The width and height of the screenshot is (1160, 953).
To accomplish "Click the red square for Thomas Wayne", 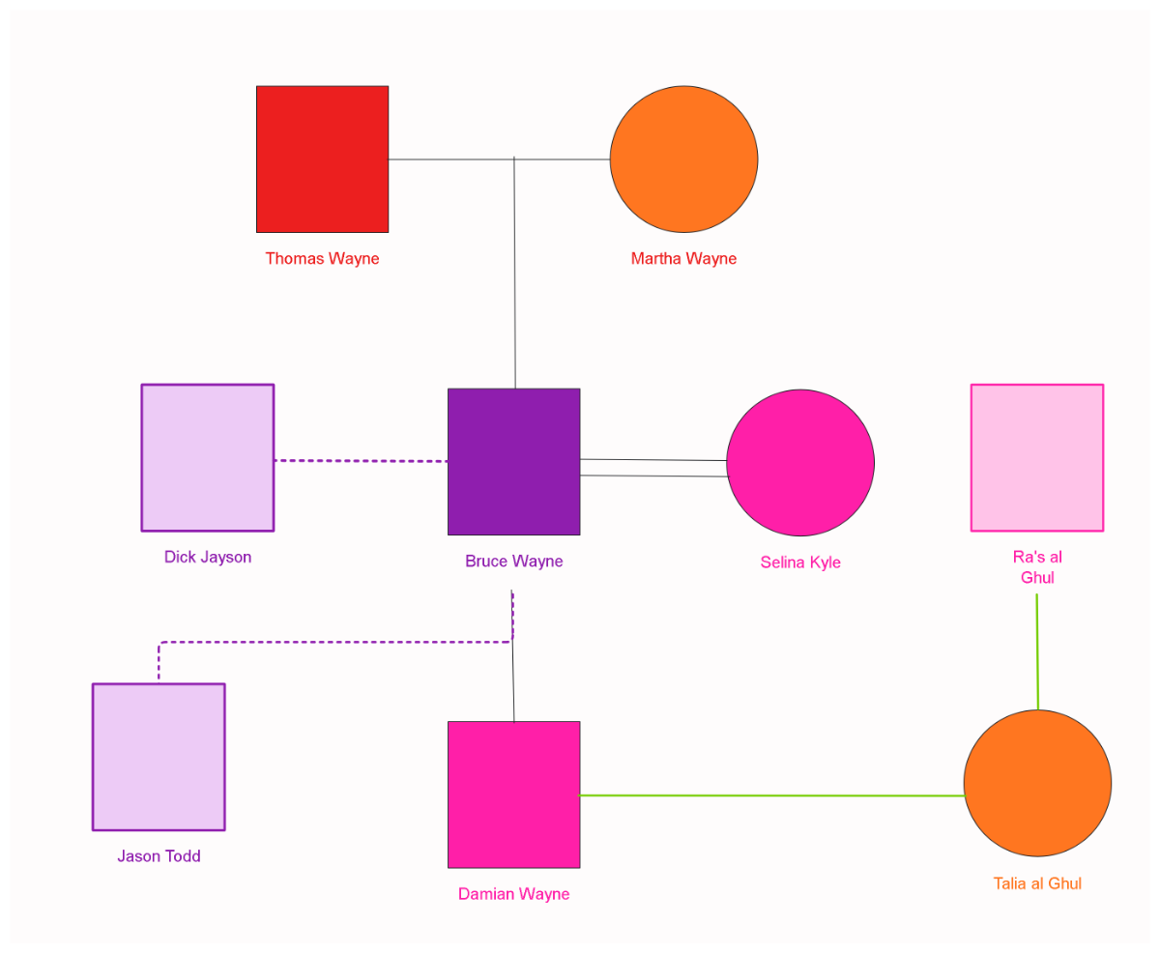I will coord(322,159).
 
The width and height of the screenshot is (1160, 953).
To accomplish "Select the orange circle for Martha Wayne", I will coord(683,159).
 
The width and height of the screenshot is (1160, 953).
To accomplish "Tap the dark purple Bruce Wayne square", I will coord(513,461).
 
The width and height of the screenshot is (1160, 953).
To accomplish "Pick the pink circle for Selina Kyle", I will coord(800,463).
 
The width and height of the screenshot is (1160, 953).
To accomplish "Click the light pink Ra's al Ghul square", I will coord(1036,457).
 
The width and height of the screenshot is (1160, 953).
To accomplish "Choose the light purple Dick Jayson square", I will coord(208,457).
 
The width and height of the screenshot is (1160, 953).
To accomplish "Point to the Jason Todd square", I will coord(159,757).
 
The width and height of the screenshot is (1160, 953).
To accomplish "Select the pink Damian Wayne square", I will coord(513,794).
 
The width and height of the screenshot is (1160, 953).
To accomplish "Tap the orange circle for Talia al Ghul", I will coord(1037,783).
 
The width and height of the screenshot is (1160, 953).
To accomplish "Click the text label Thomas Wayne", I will coord(322,259).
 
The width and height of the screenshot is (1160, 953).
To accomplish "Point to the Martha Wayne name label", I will coord(683,259).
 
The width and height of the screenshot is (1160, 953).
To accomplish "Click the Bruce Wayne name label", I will coord(513,562).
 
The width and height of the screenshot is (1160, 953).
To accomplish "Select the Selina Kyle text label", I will coord(800,563).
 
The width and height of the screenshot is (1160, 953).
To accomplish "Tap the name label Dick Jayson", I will coord(208,558).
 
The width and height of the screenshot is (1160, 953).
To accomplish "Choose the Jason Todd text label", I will coord(159,856).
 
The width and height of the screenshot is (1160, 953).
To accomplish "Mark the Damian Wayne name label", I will coord(513,894).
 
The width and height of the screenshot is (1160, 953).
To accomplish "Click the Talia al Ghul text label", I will coord(1037,883).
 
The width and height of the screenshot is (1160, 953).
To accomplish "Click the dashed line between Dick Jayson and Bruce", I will coord(361,461).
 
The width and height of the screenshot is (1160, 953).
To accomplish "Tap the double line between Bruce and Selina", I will coord(653,468).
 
